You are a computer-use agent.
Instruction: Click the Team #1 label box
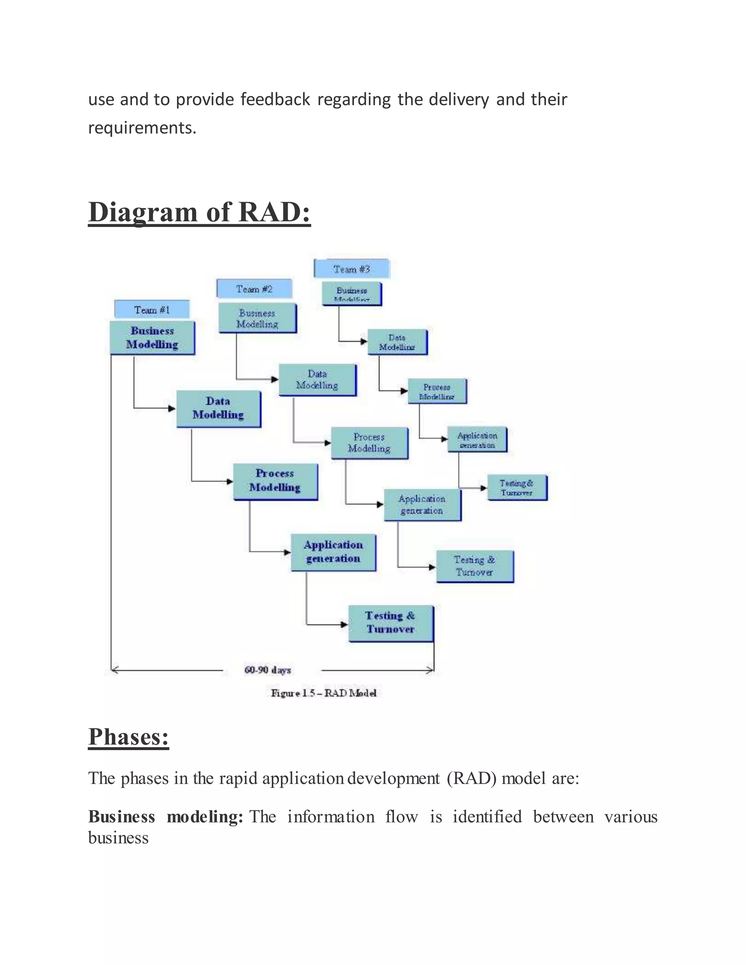[x=152, y=309]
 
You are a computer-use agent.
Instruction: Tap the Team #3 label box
[x=352, y=269]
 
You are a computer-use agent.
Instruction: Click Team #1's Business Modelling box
[x=152, y=338]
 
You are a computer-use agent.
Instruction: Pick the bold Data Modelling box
[x=218, y=408]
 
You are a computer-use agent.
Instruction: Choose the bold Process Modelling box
[x=275, y=481]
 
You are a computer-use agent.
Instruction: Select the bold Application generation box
[x=333, y=552]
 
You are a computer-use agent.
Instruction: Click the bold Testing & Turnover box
[x=391, y=623]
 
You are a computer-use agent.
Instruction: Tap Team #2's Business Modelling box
[x=257, y=318]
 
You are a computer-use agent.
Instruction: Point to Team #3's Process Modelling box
[x=437, y=391]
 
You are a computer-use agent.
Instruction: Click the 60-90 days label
[x=268, y=670]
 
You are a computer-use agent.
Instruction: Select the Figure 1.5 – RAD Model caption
[x=323, y=693]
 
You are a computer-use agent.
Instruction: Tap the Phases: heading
[x=129, y=737]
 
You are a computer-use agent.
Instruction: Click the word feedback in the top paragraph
[x=275, y=99]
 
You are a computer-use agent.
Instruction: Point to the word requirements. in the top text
[x=142, y=128]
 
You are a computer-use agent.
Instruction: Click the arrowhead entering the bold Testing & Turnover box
[x=344, y=624]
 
